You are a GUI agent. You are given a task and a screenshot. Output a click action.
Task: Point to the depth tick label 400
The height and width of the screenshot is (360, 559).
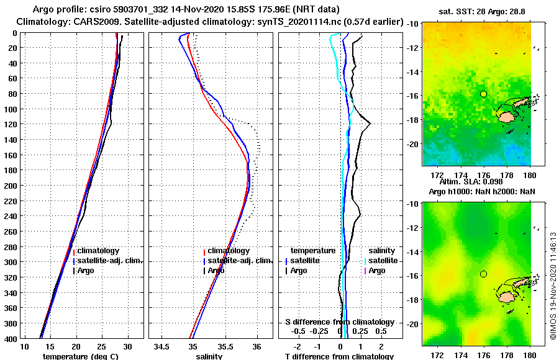[x=11, y=338]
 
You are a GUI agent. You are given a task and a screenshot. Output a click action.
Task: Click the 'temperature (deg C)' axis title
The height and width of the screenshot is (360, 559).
[x=80, y=356]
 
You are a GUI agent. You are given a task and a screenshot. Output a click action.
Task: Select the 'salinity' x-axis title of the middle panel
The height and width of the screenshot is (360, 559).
[x=209, y=356]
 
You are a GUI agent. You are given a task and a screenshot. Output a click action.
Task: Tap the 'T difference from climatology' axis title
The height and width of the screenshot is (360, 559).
[x=339, y=356]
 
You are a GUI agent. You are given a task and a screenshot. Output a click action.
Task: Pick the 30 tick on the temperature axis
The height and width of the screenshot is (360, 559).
[x=128, y=346]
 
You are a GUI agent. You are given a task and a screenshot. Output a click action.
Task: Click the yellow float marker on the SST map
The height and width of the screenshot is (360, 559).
[x=483, y=94]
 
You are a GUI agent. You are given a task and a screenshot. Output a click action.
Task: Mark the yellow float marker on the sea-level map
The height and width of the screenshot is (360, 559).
[x=483, y=274]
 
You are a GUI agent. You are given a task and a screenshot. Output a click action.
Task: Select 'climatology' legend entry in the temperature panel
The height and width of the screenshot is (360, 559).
[x=98, y=250]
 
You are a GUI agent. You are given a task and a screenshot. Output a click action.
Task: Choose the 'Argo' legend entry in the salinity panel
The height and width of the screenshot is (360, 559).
[x=216, y=271]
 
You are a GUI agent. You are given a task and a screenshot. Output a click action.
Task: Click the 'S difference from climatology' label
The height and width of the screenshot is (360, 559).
[x=339, y=322]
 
